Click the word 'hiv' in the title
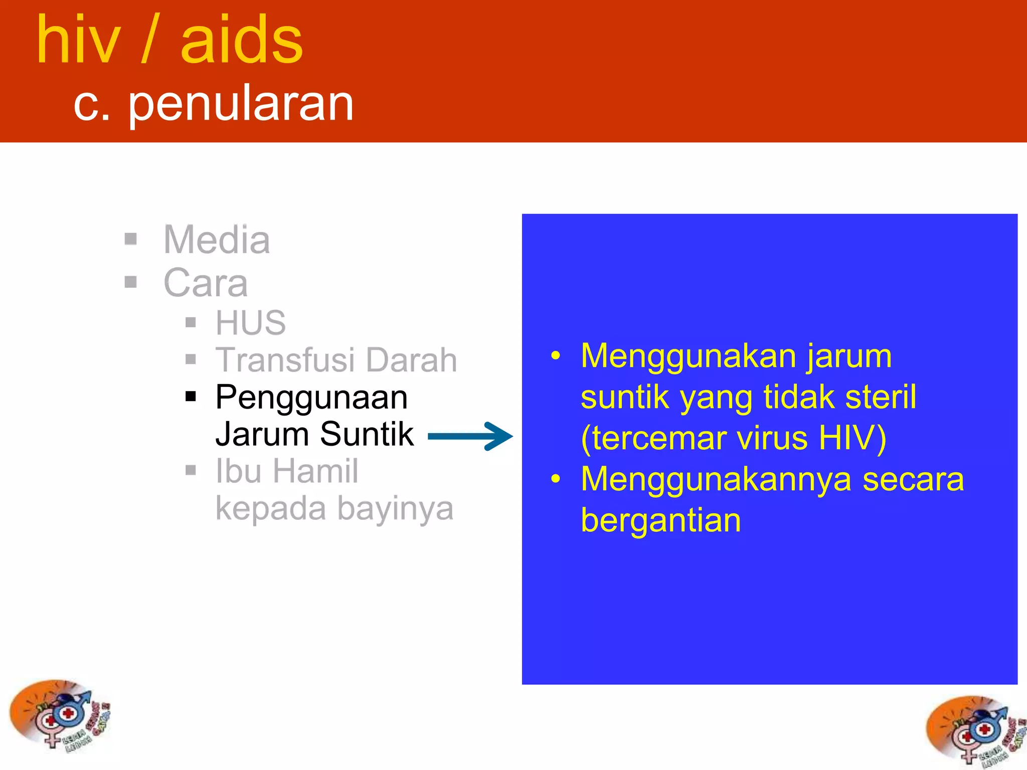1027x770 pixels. (x=79, y=40)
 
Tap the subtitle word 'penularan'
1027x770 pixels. (x=241, y=104)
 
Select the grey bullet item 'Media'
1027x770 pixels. (x=217, y=240)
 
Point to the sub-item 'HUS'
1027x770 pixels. (x=250, y=323)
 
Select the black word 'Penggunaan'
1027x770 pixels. (x=311, y=398)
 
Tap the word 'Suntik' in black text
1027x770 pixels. (x=367, y=434)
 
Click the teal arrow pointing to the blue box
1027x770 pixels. (x=470, y=436)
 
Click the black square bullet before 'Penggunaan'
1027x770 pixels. (x=191, y=397)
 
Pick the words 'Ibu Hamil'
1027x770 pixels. (x=287, y=471)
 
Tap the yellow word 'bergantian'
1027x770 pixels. (x=660, y=520)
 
